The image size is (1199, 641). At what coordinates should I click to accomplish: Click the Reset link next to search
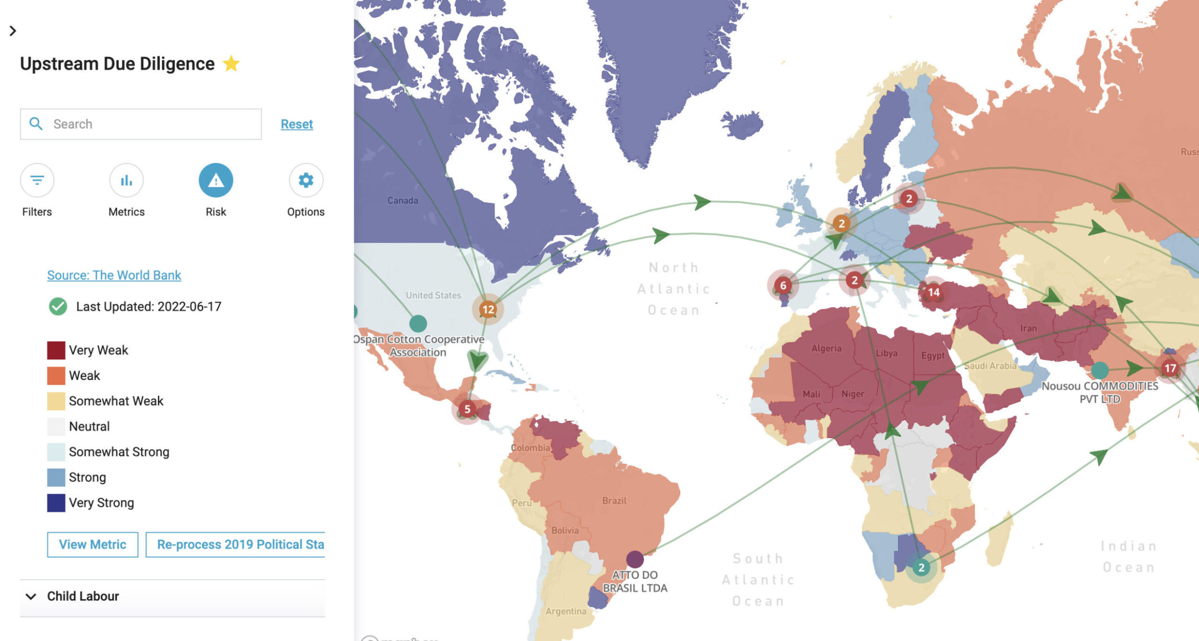(x=296, y=124)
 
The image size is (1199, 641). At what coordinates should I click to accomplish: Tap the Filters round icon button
(x=37, y=180)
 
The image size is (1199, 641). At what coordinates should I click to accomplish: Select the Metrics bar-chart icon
(x=126, y=180)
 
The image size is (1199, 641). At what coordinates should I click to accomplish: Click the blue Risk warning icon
(x=216, y=180)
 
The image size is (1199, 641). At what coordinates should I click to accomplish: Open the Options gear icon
(x=306, y=180)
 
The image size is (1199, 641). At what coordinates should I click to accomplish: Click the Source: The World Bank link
(x=114, y=275)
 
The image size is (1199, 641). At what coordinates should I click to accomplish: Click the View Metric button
(x=93, y=545)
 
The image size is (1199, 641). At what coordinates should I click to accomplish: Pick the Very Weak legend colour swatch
(x=56, y=350)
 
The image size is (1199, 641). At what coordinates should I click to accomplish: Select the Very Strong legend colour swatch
(x=56, y=503)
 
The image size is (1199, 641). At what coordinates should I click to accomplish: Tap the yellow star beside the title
(x=231, y=63)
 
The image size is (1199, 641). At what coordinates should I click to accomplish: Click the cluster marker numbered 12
(x=488, y=309)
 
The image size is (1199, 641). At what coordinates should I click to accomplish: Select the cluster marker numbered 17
(x=1170, y=368)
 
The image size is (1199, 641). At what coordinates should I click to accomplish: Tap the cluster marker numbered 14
(x=933, y=292)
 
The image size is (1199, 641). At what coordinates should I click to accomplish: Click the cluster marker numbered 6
(x=783, y=285)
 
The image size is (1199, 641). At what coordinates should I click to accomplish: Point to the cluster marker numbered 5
(x=467, y=409)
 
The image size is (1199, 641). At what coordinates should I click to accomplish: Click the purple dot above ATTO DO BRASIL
(x=635, y=559)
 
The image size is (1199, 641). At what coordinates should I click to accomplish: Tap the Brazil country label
(x=614, y=501)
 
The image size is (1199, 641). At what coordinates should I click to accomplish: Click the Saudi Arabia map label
(x=990, y=366)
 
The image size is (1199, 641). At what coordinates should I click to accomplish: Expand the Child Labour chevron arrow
(x=31, y=596)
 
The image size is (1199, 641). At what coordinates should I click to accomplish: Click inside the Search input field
(x=153, y=124)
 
